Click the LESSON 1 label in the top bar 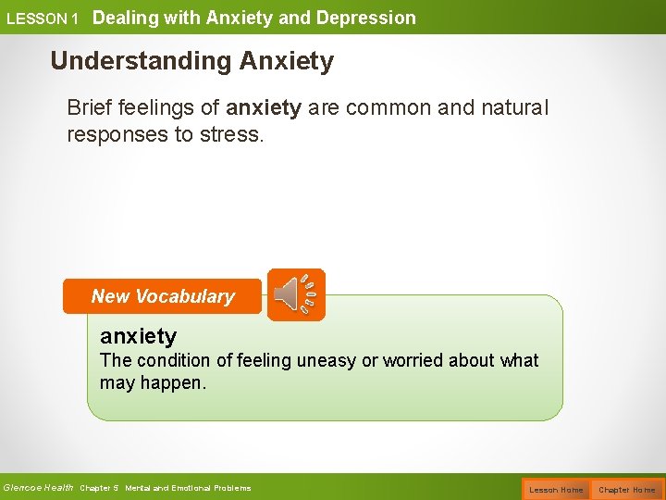[43, 19]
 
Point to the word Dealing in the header [126, 18]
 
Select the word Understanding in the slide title [142, 62]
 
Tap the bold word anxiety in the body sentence [264, 108]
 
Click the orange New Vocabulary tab [163, 297]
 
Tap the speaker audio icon [296, 294]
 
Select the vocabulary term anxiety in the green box [138, 336]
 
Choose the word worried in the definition [415, 361]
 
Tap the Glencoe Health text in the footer [38, 488]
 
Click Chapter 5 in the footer [100, 488]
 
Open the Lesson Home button [556, 489]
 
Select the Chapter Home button [626, 489]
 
